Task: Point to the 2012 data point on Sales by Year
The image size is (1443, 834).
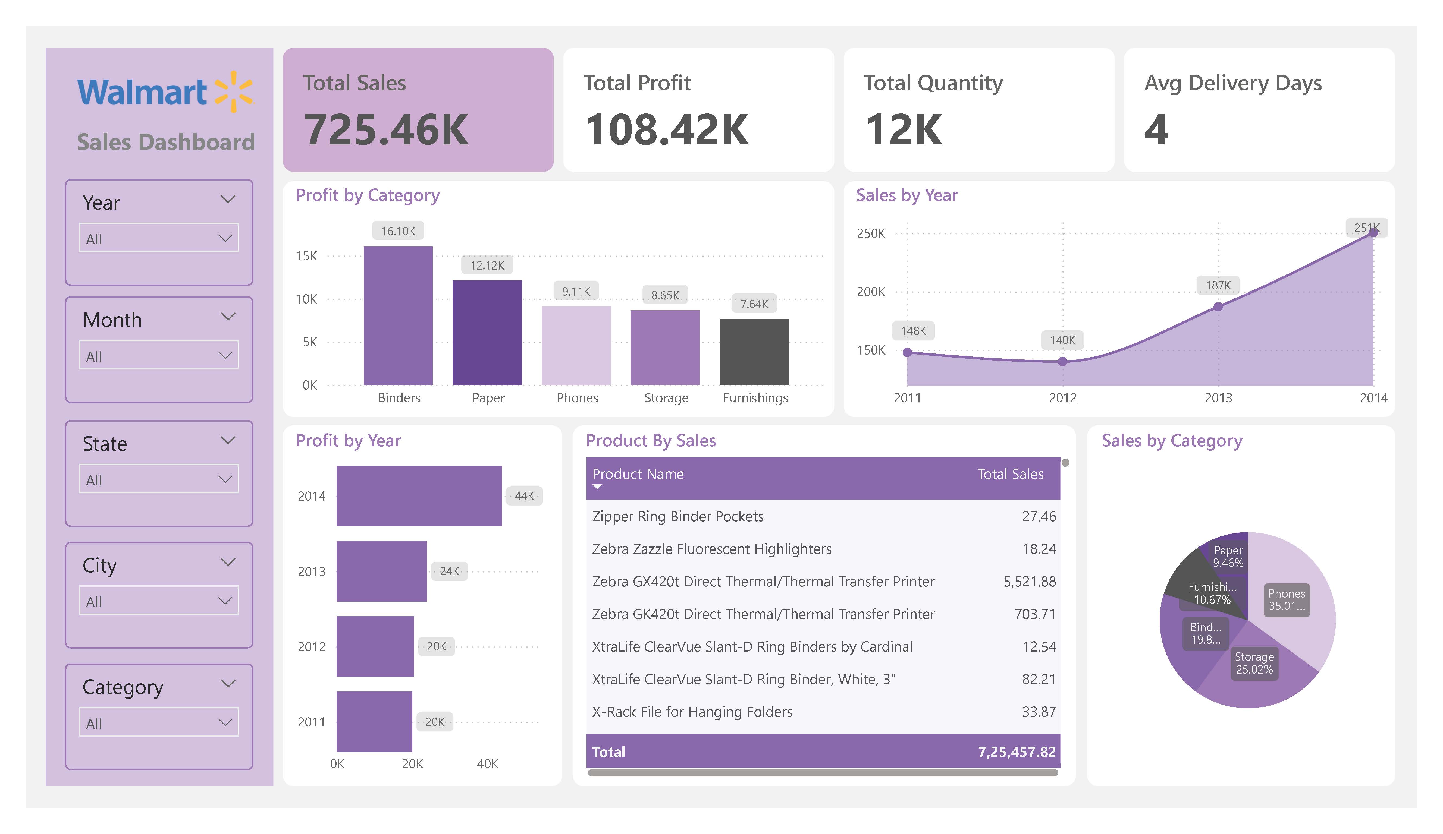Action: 1062,361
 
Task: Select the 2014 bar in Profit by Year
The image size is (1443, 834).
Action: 419,496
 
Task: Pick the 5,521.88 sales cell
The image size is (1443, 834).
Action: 1029,582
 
